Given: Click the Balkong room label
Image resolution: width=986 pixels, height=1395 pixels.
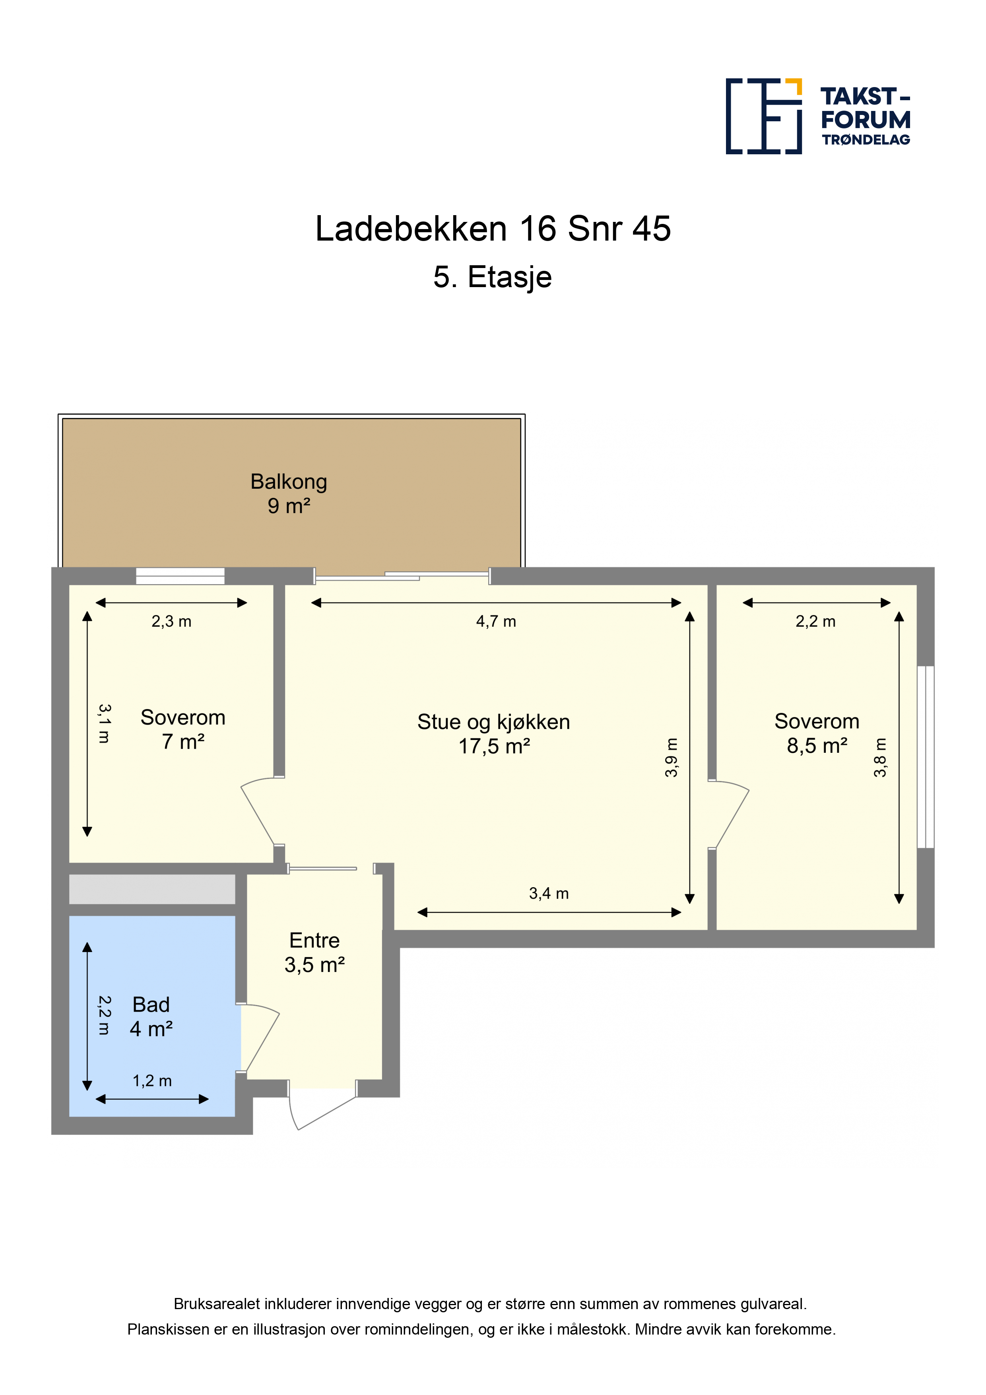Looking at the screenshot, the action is click(x=289, y=482).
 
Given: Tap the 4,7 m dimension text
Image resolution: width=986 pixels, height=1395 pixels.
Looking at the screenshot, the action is click(x=496, y=622).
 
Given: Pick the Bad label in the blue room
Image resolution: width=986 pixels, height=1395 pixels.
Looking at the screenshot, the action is click(x=151, y=1005).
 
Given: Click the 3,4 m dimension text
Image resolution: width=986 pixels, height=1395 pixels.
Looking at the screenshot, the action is click(x=549, y=893).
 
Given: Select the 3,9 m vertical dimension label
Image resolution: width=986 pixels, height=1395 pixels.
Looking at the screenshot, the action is click(x=671, y=758).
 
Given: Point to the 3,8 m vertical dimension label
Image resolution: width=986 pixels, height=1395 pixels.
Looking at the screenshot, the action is click(x=880, y=758).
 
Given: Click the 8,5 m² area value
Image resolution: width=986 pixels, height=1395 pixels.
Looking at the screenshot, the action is click(x=817, y=746).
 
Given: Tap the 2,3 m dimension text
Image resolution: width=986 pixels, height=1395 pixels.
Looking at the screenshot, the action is click(x=171, y=622).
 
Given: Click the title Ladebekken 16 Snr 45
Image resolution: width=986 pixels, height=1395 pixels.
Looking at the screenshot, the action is click(x=493, y=229).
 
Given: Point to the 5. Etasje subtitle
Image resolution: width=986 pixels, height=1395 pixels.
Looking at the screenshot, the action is click(x=492, y=277).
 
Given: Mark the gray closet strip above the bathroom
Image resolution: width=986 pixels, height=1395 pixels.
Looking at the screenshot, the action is click(x=152, y=889).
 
